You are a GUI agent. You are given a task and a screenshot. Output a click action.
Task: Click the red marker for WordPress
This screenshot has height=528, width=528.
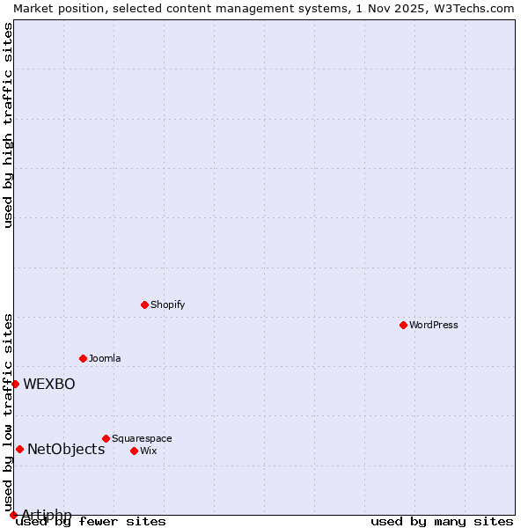point(403,325)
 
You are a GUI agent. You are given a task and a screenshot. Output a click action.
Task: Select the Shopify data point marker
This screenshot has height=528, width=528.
point(144,304)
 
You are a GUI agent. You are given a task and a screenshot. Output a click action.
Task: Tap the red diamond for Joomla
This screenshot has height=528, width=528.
point(83,358)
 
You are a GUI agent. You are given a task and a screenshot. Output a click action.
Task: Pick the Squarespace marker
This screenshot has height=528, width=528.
point(106,438)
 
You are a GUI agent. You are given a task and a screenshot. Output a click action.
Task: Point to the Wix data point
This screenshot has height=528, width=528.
point(134,451)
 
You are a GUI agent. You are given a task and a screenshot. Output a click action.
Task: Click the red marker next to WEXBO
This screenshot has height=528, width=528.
point(15,384)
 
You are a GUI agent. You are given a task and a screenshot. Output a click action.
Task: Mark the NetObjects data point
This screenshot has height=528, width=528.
point(19,449)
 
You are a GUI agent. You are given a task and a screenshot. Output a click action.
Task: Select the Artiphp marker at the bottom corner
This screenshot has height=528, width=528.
point(13,515)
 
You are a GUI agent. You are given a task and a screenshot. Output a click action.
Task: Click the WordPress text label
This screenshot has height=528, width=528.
point(434,325)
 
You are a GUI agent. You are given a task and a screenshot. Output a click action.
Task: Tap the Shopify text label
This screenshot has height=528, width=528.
point(167,304)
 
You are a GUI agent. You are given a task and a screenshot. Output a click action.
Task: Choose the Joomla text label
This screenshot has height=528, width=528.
point(105,358)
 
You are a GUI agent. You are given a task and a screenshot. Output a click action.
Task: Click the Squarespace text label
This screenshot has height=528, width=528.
point(142,438)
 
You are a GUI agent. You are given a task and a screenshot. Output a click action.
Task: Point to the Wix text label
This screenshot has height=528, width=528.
point(148,451)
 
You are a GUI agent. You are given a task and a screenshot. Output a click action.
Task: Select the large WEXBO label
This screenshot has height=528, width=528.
point(49,384)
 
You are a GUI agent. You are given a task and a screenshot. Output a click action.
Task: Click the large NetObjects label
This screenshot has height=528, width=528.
point(66,449)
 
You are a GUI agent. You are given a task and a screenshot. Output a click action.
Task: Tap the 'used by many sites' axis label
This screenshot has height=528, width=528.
point(442,522)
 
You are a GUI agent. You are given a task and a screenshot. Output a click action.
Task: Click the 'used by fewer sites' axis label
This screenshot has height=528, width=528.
point(92,522)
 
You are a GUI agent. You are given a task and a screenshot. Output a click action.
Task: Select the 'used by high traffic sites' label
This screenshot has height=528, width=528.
point(8,125)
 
